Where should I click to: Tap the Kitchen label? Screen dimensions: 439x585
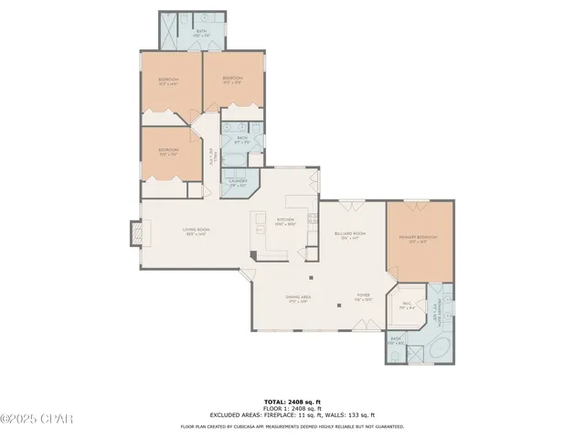285,221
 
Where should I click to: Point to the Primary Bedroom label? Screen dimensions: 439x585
418,240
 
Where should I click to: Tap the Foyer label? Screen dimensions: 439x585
363,299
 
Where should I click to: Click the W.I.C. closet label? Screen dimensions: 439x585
407,305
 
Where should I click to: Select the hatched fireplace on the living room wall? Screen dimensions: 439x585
135,235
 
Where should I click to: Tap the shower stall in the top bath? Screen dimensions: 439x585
173,31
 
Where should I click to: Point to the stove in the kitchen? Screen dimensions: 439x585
313,219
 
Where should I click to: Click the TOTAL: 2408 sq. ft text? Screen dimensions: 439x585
292,401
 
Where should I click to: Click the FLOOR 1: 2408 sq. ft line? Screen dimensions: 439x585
292,408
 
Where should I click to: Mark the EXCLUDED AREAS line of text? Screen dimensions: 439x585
292,415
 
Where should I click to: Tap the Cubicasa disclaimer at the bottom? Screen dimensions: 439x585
292,426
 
